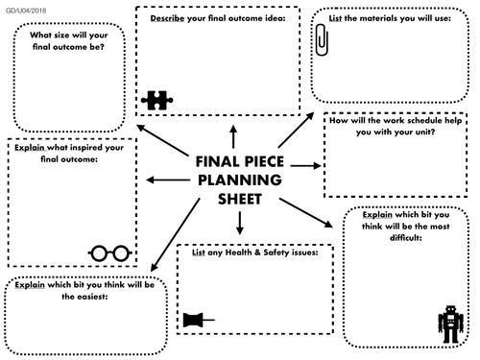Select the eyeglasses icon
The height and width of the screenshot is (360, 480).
[x=109, y=252]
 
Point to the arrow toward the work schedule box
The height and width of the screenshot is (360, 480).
[x=305, y=167]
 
